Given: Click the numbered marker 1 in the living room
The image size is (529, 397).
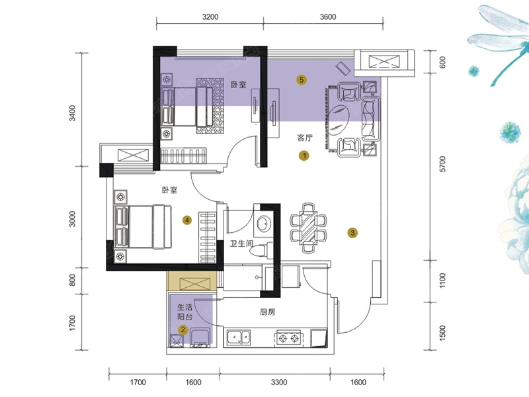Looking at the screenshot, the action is pyautogui.click(x=304, y=155).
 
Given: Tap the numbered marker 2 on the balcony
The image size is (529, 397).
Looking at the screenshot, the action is pyautogui.click(x=183, y=330).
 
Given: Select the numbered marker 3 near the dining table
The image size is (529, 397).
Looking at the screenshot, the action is pyautogui.click(x=352, y=233).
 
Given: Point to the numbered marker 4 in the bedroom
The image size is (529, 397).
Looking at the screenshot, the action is pyautogui.click(x=187, y=220).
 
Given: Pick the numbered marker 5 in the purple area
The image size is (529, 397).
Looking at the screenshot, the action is pyautogui.click(x=302, y=80).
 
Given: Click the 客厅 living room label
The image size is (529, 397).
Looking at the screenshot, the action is pyautogui.click(x=305, y=138).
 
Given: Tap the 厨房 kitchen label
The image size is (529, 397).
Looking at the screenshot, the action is pyautogui.click(x=268, y=312).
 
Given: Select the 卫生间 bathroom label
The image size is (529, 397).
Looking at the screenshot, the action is pyautogui.click(x=241, y=243).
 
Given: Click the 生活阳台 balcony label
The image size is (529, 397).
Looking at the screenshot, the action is pyautogui.click(x=185, y=312).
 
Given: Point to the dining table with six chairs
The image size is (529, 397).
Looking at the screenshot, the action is pyautogui.click(x=308, y=228).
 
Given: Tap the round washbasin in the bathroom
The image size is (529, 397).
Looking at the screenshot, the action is pyautogui.click(x=264, y=223).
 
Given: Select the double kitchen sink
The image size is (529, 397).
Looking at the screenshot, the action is pyautogui.click(x=239, y=337).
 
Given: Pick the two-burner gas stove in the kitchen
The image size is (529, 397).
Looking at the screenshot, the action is pyautogui.click(x=289, y=338).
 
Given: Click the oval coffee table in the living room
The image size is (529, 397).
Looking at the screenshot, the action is pyautogui.click(x=339, y=121).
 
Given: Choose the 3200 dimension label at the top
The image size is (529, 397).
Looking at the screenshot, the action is pyautogui.click(x=210, y=17).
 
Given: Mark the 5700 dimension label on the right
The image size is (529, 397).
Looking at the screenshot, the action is pyautogui.click(x=442, y=164).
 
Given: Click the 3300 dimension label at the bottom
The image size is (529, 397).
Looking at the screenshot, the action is pyautogui.click(x=279, y=382).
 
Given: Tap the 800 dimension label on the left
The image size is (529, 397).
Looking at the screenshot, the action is pyautogui.click(x=72, y=280).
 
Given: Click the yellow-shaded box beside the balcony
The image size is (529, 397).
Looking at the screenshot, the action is pyautogui.click(x=192, y=281).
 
